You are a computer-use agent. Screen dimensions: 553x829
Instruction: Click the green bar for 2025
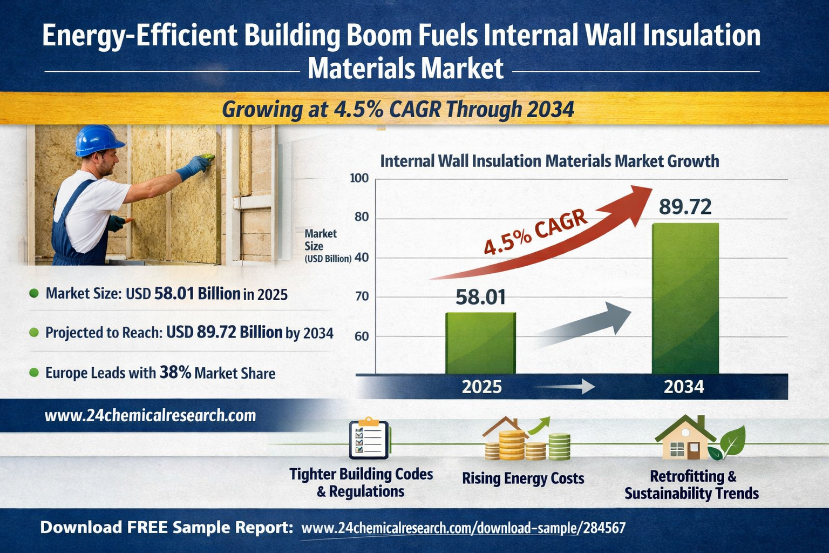pyautogui.click(x=480, y=343)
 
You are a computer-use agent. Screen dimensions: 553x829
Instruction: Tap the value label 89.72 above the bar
pyautogui.click(x=685, y=207)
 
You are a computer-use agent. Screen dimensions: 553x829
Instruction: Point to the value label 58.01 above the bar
pyautogui.click(x=480, y=297)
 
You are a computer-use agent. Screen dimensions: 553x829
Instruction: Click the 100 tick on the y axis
pyautogui.click(x=359, y=178)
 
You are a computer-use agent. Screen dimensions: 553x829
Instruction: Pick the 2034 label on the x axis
pyautogui.click(x=684, y=387)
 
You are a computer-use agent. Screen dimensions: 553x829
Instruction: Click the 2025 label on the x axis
pyautogui.click(x=481, y=387)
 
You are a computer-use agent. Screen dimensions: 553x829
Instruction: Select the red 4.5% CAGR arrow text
pyautogui.click(x=535, y=232)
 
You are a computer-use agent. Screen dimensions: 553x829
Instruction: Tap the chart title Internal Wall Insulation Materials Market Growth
pyautogui.click(x=549, y=161)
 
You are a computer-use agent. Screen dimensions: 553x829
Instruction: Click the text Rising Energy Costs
pyautogui.click(x=523, y=478)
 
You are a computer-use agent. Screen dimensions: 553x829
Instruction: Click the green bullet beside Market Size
pyautogui.click(x=33, y=293)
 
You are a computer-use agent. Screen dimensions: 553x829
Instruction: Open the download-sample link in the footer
pyautogui.click(x=463, y=528)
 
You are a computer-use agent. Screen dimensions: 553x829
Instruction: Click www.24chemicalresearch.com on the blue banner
pyautogui.click(x=150, y=415)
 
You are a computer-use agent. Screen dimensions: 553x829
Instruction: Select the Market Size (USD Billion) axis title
pyautogui.click(x=324, y=246)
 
